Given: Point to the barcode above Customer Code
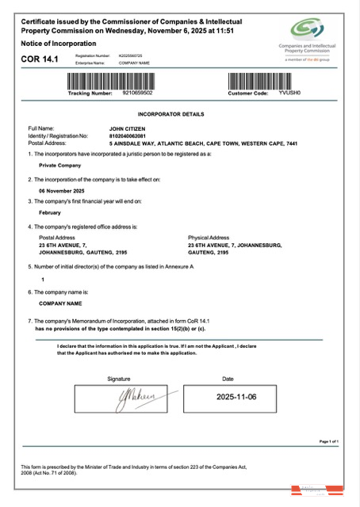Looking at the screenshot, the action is [x=272, y=80].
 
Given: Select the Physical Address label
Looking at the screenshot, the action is [x=208, y=237].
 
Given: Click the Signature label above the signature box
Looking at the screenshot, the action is [x=118, y=379].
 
